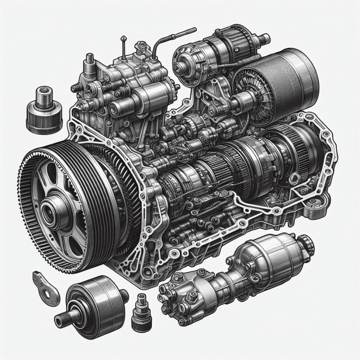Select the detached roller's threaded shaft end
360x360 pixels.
point(61,322)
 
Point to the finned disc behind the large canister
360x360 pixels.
point(251,89)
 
